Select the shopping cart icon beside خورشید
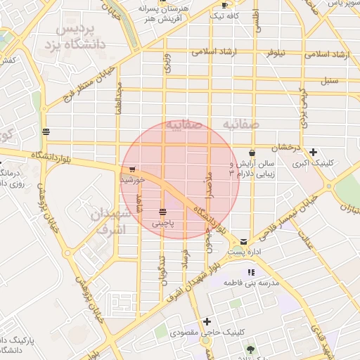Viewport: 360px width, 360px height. click(x=132, y=169)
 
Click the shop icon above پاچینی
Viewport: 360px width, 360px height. click(x=162, y=212)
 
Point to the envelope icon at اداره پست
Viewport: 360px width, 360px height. click(x=243, y=240)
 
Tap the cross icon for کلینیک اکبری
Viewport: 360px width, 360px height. click(x=313, y=152)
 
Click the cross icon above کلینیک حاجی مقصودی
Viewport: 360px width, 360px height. click(x=207, y=321)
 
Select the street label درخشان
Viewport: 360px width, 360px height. click(x=287, y=147)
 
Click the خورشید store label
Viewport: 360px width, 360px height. click(x=133, y=180)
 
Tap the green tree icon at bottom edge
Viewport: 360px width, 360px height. click(x=250, y=349)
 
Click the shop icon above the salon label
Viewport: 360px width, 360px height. click(x=252, y=153)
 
